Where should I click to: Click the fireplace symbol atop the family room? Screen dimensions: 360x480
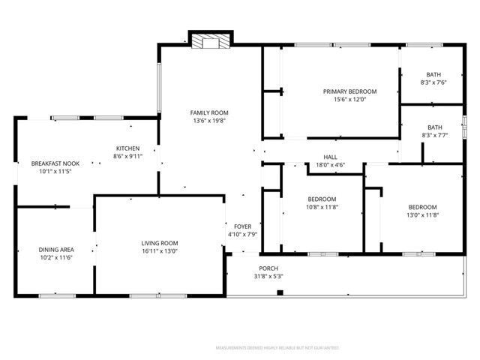(x=203, y=42)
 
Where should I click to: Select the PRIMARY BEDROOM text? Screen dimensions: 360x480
(x=349, y=91)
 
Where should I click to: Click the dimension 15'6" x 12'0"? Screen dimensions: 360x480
(x=349, y=100)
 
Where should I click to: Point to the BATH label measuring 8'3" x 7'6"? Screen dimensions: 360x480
(x=433, y=74)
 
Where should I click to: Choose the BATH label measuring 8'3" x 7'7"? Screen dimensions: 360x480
(x=434, y=127)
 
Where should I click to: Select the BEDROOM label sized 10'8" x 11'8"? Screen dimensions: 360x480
(x=322, y=199)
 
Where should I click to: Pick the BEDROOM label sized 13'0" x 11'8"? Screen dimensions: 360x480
(x=422, y=207)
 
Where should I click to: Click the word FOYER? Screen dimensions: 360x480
(x=242, y=226)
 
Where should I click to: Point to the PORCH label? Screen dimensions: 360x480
(x=269, y=268)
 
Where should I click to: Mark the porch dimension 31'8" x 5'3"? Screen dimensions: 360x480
(x=269, y=276)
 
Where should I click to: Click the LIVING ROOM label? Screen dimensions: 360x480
(x=160, y=243)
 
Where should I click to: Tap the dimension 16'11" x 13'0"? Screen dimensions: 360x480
(x=160, y=251)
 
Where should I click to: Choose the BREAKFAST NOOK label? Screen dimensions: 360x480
(x=55, y=163)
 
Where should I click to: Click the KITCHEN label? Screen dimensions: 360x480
(x=127, y=148)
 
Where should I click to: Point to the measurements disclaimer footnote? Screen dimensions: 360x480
(x=277, y=349)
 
